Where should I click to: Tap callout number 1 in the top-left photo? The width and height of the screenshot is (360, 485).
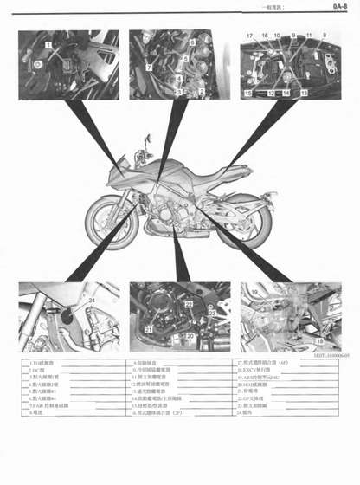coord(49,42)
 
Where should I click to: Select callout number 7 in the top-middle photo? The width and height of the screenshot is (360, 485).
coord(149,66)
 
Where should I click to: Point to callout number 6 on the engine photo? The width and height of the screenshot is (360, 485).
coord(193,42)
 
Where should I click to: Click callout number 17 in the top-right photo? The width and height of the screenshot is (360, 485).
coord(248,36)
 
